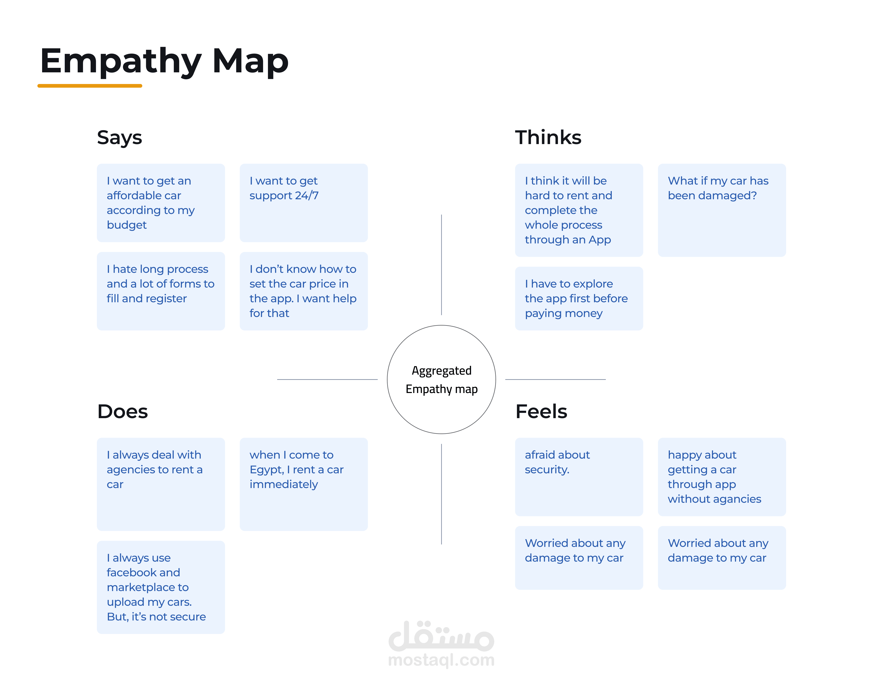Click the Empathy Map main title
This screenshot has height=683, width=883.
(x=164, y=62)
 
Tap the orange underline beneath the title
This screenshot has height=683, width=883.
(x=90, y=86)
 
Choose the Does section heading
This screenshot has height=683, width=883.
(x=122, y=411)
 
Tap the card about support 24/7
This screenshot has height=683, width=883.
(x=304, y=203)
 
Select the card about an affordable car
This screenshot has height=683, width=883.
(x=161, y=203)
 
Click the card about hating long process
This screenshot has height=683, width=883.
(x=161, y=291)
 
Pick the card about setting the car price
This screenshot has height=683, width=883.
(x=304, y=291)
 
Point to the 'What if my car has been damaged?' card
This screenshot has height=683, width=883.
(x=722, y=210)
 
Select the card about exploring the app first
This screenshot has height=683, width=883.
(x=579, y=298)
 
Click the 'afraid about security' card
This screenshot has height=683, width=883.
(x=579, y=477)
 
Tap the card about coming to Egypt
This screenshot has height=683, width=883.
(x=304, y=484)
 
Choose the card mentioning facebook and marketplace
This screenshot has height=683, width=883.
(x=161, y=587)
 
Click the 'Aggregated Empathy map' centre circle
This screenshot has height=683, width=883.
(x=441, y=380)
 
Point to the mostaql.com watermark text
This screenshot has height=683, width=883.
(x=441, y=660)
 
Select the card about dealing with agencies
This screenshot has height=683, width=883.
(x=161, y=484)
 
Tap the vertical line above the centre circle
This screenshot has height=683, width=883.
(x=441, y=265)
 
